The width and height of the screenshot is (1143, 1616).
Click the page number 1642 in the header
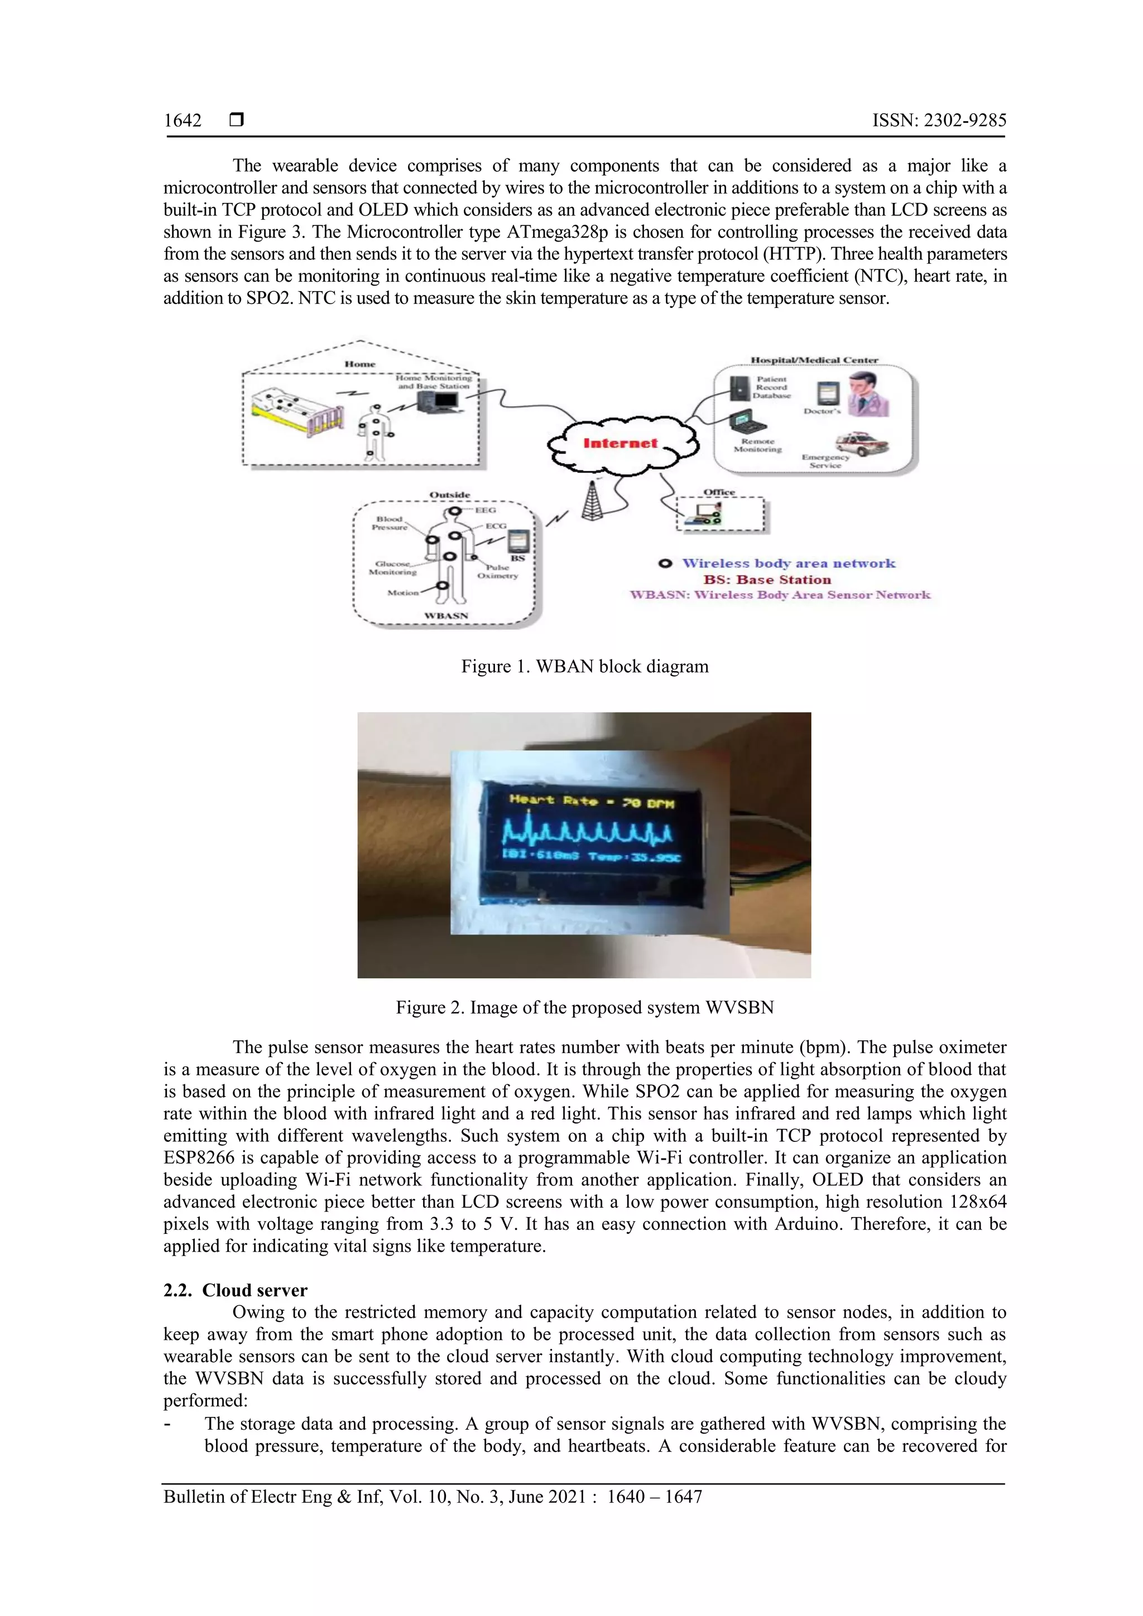click(x=183, y=120)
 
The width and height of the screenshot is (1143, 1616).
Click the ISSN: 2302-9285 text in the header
click(x=939, y=120)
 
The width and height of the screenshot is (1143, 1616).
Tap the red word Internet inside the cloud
click(x=619, y=443)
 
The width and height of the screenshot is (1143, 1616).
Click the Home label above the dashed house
click(x=360, y=364)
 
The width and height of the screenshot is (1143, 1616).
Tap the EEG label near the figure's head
click(x=485, y=510)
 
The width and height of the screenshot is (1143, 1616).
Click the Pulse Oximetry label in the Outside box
click(x=497, y=571)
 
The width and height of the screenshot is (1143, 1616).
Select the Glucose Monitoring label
click(x=392, y=567)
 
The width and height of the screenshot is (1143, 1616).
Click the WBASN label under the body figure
click(x=446, y=616)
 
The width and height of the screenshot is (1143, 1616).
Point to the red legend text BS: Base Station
click(x=766, y=580)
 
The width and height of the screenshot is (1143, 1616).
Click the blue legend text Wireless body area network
click(x=788, y=563)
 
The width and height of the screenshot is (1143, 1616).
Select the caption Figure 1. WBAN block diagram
click(x=584, y=667)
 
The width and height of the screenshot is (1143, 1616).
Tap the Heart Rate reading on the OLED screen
click(x=592, y=801)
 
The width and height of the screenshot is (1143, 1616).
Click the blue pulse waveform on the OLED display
click(x=588, y=834)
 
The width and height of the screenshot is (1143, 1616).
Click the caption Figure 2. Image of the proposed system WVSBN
click(x=584, y=1007)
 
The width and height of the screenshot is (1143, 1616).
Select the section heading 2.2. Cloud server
click(x=235, y=1290)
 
